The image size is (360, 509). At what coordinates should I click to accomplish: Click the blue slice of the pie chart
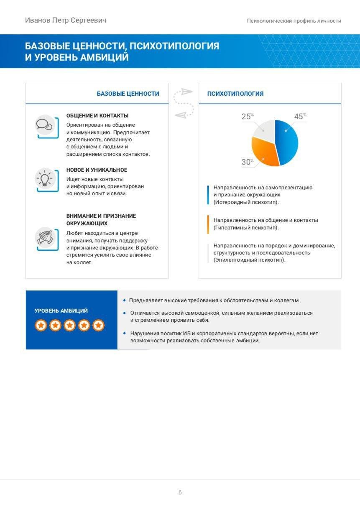point(288,142)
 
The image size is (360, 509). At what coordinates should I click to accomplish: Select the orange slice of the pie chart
point(264,152)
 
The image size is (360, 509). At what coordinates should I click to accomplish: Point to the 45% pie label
point(299,117)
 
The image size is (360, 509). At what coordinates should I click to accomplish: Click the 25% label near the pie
point(247,117)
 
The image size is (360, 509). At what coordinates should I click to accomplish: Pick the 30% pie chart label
point(247,162)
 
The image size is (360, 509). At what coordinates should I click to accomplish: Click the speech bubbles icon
point(44,125)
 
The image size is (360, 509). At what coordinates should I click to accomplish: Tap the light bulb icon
point(44,179)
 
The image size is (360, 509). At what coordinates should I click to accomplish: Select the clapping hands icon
point(44,237)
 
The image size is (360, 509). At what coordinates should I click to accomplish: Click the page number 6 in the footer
point(180,493)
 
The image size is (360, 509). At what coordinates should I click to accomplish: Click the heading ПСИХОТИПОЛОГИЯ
point(235,94)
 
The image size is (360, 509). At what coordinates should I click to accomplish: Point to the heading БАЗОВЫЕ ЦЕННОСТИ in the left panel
point(128,94)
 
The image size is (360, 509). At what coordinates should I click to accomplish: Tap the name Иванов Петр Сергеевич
point(66,20)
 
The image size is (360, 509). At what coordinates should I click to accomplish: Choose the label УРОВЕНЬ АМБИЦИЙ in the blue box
point(61,311)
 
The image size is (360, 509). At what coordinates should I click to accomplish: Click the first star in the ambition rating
point(41,325)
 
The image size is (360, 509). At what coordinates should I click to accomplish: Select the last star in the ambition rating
point(98,325)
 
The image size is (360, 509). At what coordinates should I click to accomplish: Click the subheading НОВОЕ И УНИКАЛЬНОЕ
point(97,170)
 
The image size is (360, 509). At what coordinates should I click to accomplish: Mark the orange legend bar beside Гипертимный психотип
point(208,224)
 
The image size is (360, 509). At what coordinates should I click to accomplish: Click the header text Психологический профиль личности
point(294,21)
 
